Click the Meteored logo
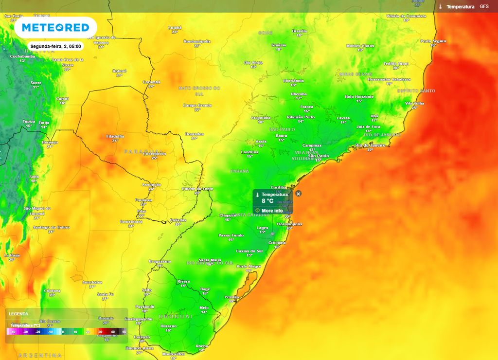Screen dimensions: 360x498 coord(55,28)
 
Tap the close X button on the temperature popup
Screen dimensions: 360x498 coord(299,194)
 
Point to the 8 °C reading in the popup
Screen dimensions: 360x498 coord(267,200)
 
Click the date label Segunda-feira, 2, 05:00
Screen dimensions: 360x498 coord(55,47)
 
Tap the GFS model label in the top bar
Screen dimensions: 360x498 coord(484,7)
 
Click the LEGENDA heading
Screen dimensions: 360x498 coord(18,314)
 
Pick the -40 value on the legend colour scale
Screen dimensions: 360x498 coord(13,331)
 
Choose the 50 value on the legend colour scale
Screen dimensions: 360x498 coord(124,331)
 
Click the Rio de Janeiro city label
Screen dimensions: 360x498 coord(370,145)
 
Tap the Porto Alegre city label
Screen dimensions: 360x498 coord(249,267)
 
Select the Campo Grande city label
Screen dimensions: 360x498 coord(197,105)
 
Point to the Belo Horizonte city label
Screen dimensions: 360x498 coord(359,97)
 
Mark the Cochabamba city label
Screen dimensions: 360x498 coord(23,56)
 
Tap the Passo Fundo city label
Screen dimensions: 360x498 coord(231,235)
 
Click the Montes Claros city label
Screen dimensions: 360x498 coord(360,46)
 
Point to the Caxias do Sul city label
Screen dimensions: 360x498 coord(249,251)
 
